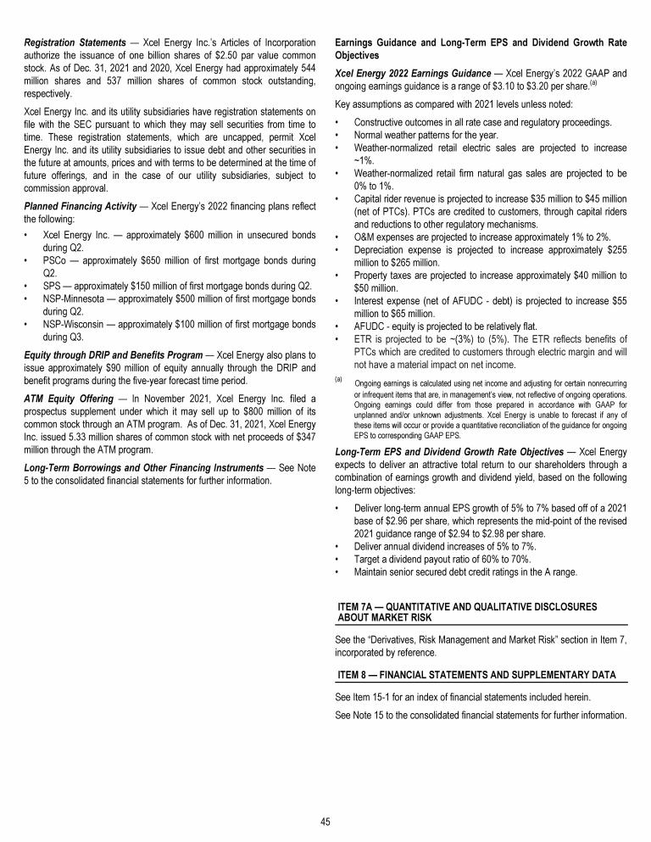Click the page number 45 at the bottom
click(325, 819)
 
